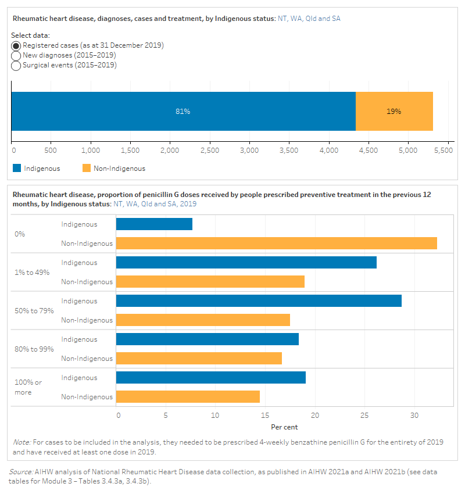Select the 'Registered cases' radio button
16,45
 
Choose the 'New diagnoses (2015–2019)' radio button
16,55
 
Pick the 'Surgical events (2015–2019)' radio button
16,65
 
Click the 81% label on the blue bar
183,112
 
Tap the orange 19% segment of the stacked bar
394,112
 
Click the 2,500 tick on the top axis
209,150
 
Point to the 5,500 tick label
443,150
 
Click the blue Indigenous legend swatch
16,169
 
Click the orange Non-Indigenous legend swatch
86,169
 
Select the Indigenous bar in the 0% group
154,224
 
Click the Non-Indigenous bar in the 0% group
276,244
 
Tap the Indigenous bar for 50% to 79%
259,301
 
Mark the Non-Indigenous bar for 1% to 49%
210,282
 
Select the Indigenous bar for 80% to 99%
207,339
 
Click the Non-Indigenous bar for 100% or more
188,397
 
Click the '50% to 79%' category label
34,311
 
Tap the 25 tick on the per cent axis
364,416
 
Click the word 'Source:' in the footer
21,472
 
